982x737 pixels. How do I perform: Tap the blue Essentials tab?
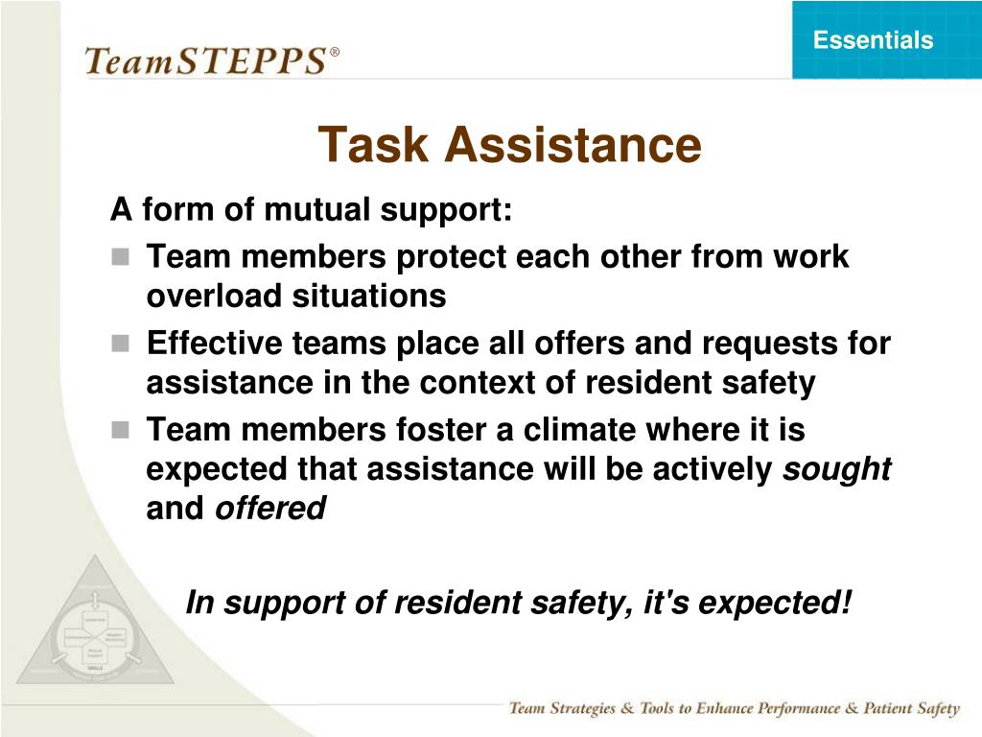[x=873, y=40]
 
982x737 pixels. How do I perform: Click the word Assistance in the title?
[x=573, y=145]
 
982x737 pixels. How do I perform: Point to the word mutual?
[x=310, y=209]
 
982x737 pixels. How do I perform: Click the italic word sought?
[x=838, y=469]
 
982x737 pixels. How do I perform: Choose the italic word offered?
[x=270, y=508]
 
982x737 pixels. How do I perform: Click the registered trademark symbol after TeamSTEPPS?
[x=335, y=52]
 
